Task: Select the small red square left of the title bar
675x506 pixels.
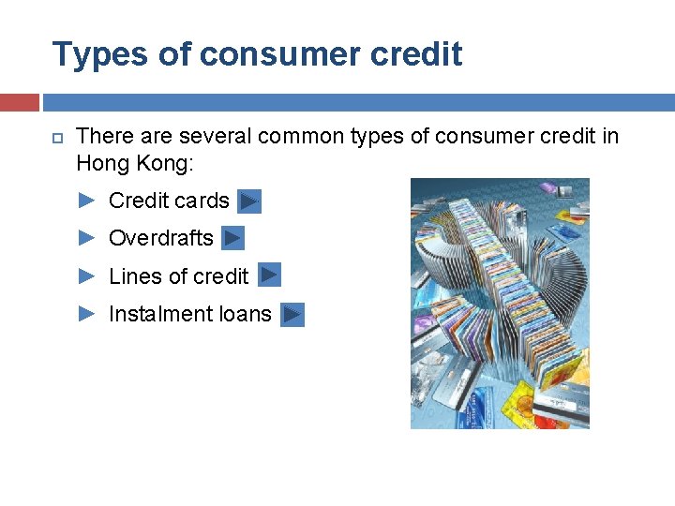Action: [19, 102]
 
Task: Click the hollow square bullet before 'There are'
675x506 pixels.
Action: [54, 138]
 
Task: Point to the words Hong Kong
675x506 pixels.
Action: [133, 163]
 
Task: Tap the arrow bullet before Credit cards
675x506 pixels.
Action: [86, 201]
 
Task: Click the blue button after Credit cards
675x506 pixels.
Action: [248, 201]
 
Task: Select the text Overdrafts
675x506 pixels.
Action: [161, 238]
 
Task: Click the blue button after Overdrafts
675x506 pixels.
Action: [233, 239]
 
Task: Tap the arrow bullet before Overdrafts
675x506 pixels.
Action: [86, 238]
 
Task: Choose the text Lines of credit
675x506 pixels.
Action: [178, 276]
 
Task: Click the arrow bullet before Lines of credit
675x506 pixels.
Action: [86, 276]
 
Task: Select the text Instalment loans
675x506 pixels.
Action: [190, 315]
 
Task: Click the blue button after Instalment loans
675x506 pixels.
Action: [292, 315]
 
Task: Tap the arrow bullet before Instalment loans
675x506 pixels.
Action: [86, 315]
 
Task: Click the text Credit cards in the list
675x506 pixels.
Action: [169, 201]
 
